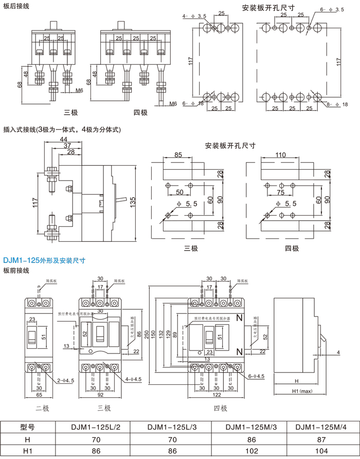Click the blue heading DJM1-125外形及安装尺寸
click(44, 260)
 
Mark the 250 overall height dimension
click(153, 334)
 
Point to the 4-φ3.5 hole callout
click(194, 16)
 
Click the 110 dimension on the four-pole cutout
click(280, 154)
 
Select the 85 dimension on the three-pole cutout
click(178, 154)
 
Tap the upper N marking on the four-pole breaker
click(239, 318)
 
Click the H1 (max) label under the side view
click(297, 392)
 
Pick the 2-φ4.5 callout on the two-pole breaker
click(66, 380)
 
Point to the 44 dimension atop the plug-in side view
click(64, 140)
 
